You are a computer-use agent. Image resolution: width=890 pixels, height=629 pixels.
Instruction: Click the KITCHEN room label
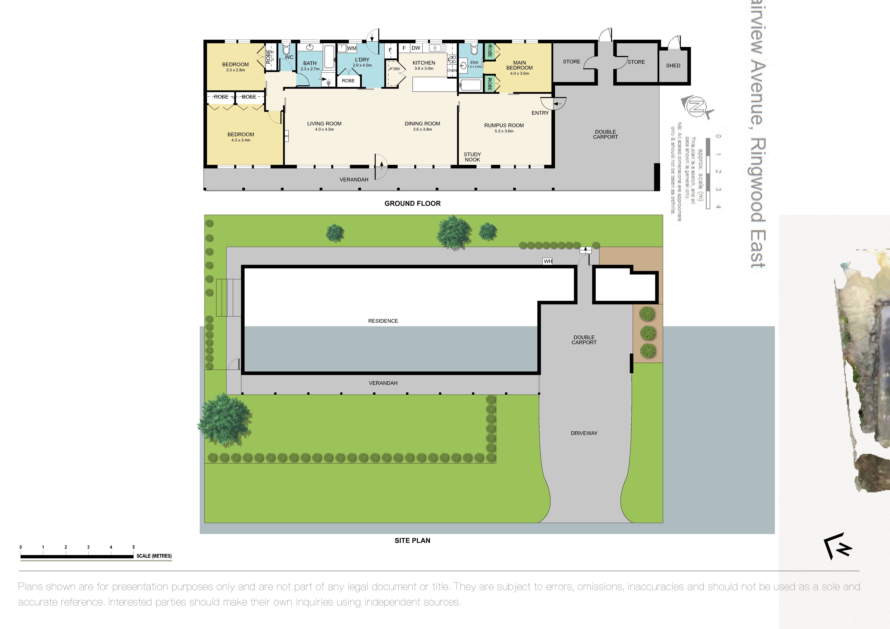coord(424,63)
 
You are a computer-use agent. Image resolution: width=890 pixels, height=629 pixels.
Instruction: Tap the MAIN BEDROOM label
coord(519,65)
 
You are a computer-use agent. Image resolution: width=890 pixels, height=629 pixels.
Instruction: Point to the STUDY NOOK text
coord(472,157)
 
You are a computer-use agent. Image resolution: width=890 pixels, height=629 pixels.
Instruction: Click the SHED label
coord(673,65)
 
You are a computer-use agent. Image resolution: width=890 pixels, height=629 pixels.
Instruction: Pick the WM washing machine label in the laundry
coord(352,48)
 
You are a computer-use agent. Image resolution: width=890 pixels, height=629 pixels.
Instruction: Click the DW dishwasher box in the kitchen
coord(416,48)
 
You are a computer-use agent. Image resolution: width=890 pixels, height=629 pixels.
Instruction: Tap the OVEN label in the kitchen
coord(452,71)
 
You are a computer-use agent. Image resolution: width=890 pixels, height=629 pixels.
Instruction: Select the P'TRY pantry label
coord(395,69)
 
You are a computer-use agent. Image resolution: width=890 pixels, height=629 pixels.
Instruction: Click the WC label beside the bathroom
coord(289,57)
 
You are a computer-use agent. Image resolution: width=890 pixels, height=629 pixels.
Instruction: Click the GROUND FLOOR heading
coord(412,203)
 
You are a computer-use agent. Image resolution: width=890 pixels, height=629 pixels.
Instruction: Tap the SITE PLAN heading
coord(412,540)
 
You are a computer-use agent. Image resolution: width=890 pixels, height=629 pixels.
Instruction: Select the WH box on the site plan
coord(548,261)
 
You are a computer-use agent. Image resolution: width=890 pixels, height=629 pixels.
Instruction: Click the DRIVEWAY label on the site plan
coord(584,433)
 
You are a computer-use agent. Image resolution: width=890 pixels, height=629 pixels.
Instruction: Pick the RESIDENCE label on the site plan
coord(383,321)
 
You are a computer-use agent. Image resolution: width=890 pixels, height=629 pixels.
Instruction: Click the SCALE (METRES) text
coord(154,556)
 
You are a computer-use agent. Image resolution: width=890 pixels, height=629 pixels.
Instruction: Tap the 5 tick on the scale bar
coord(133,547)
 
